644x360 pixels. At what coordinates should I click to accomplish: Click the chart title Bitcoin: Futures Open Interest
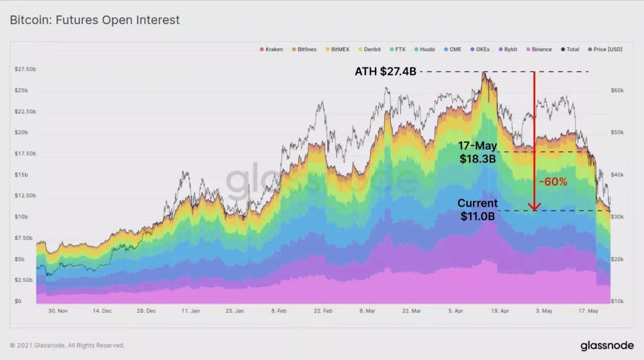point(95,20)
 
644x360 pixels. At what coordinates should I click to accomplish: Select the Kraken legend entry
point(271,49)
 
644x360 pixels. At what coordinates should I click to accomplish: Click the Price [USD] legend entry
point(605,49)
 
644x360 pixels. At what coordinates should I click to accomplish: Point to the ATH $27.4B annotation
point(385,71)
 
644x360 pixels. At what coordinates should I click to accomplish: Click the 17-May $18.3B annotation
point(477,152)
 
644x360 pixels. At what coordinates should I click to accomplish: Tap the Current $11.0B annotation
point(477,210)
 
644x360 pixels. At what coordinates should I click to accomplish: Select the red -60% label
point(553,182)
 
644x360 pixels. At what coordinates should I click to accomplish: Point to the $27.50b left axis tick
point(25,69)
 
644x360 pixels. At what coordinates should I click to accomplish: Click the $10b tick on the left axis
point(22,217)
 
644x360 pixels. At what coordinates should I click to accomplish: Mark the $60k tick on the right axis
point(617,90)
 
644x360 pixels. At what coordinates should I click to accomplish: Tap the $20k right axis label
point(617,259)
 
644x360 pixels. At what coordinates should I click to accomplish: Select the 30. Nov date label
point(58,311)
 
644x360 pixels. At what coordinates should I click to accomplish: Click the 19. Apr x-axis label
point(500,311)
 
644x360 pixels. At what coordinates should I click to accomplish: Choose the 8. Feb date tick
point(279,311)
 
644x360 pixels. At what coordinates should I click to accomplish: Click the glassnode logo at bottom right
point(607,346)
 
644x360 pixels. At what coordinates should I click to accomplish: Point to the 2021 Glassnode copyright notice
point(67,345)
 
